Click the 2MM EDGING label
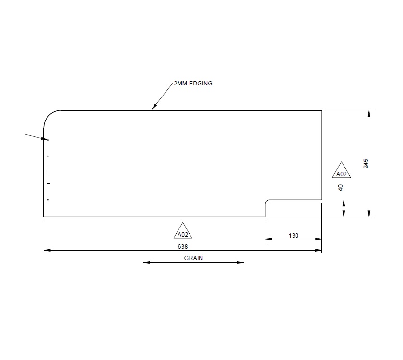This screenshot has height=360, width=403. (193, 83)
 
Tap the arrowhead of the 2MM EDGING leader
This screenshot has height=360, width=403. (153, 108)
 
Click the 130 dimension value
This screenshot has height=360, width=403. (294, 235)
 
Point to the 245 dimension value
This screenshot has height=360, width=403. (366, 163)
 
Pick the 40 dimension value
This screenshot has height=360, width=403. (341, 188)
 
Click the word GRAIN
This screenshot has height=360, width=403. (194, 258)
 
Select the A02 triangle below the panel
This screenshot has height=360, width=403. (182, 232)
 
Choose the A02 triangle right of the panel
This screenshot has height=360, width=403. (341, 171)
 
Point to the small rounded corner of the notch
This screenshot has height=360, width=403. (268, 202)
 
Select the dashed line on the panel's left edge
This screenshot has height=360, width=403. (48, 170)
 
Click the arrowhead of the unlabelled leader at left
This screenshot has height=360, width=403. (46, 139)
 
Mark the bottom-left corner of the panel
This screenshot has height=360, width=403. (44, 217)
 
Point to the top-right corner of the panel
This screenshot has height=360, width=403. (321, 110)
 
